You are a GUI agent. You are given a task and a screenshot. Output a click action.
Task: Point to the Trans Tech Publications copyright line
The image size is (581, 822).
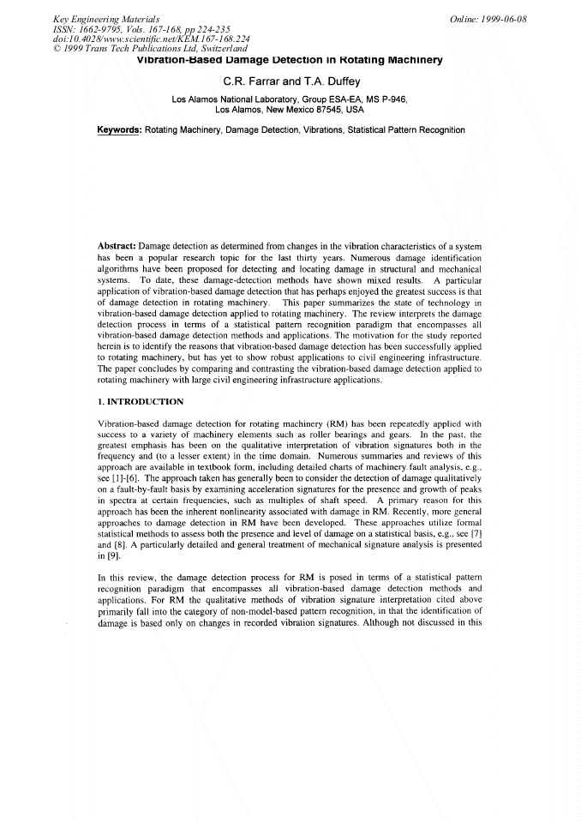point(150,48)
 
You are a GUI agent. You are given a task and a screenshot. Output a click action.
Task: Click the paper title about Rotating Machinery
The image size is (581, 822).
point(290,60)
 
